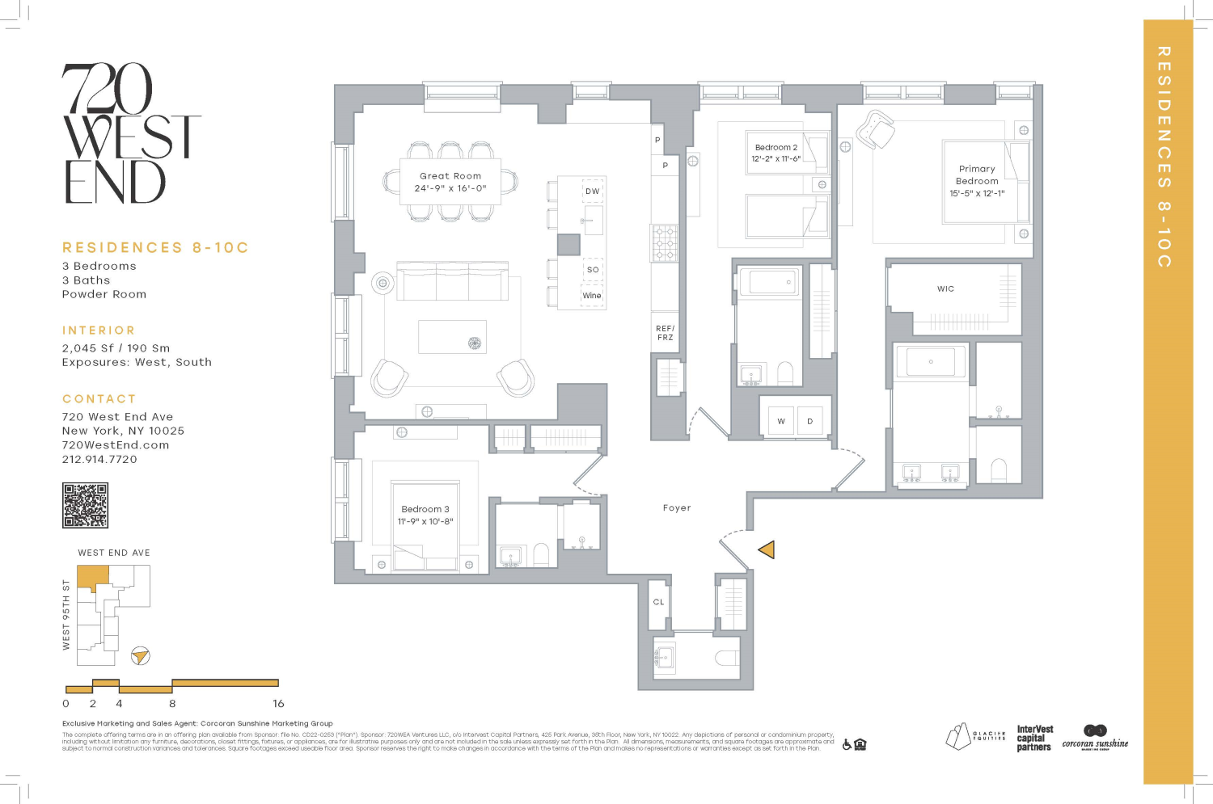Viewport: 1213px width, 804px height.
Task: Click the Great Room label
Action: tap(450, 176)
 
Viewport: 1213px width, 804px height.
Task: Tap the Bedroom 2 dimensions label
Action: tap(776, 159)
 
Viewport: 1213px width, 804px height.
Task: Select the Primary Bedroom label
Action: tap(977, 175)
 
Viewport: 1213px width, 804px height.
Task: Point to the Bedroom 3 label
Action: tap(425, 509)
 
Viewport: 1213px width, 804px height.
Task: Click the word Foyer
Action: tap(677, 508)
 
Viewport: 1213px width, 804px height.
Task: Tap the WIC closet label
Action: tap(945, 288)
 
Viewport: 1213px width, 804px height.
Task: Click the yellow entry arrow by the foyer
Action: tap(767, 549)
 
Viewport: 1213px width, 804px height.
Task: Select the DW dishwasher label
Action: tap(593, 192)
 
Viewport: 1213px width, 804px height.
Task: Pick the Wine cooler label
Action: tap(592, 296)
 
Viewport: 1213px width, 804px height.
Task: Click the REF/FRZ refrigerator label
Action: tap(666, 333)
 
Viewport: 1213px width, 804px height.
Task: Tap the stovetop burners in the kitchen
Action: tap(665, 243)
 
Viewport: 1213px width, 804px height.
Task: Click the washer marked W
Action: tap(781, 421)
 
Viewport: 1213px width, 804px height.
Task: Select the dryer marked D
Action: tap(810, 421)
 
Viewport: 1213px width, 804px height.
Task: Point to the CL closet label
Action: tap(658, 602)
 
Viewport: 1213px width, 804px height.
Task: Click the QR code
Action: tap(85, 506)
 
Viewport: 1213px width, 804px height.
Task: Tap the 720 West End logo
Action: tap(129, 134)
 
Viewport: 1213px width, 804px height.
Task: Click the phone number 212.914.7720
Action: tap(99, 459)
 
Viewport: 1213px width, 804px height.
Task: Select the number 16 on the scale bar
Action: tap(278, 704)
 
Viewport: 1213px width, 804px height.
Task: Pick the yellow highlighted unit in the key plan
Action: tap(92, 577)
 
